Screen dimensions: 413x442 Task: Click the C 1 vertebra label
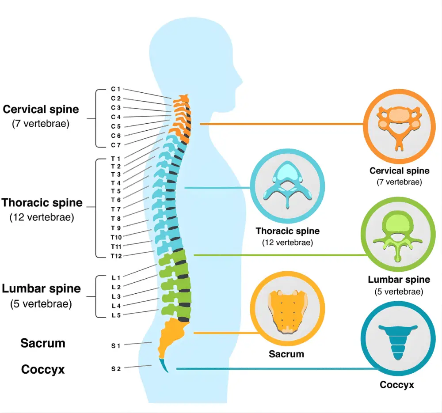pyautogui.click(x=115, y=89)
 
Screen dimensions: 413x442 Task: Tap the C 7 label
pyautogui.click(x=115, y=145)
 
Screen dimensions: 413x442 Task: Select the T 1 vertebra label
pyautogui.click(x=115, y=158)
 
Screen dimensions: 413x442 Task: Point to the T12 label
pyautogui.click(x=116, y=256)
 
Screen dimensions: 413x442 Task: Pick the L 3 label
pyautogui.click(x=116, y=296)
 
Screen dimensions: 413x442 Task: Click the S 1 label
pyautogui.click(x=116, y=345)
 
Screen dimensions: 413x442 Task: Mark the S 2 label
pyautogui.click(x=116, y=369)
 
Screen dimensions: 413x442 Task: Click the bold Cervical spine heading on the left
pyautogui.click(x=41, y=109)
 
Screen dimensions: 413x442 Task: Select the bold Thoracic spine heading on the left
pyautogui.click(x=42, y=203)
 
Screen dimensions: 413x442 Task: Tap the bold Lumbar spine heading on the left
pyautogui.click(x=42, y=289)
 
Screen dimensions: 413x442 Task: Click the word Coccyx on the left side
pyautogui.click(x=43, y=369)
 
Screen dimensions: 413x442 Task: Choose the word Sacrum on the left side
pyautogui.click(x=43, y=343)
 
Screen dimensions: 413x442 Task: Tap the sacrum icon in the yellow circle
pyautogui.click(x=287, y=310)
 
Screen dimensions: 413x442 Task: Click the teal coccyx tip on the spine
pyautogui.click(x=165, y=366)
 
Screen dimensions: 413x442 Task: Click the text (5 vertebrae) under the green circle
pyautogui.click(x=399, y=292)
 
